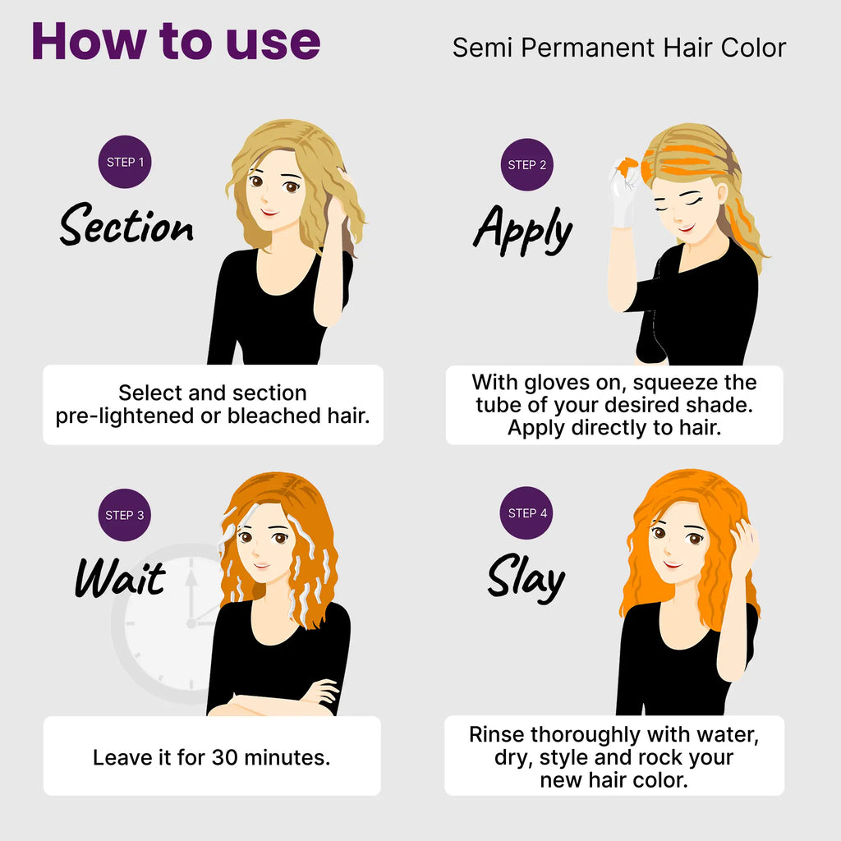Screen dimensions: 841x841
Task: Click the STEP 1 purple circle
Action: coord(125,162)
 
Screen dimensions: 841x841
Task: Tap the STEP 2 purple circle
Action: coord(526,164)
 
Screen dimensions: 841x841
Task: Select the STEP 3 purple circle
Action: coord(125,515)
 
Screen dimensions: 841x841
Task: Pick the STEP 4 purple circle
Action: coord(526,512)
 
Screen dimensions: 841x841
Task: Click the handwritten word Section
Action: coord(126,225)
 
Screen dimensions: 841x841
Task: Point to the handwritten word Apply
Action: coord(523,230)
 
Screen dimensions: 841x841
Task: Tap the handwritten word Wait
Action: coord(120,577)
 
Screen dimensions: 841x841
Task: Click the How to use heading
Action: coord(176,41)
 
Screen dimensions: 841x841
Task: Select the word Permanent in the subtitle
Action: coord(588,48)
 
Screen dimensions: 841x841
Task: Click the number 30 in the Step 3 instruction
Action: coord(225,757)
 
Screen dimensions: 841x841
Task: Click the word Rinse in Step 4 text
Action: coord(495,734)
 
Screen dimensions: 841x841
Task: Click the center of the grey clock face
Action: coord(191,623)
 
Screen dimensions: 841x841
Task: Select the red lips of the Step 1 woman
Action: coord(269,213)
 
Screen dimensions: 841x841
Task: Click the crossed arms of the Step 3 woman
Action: coord(273,700)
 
